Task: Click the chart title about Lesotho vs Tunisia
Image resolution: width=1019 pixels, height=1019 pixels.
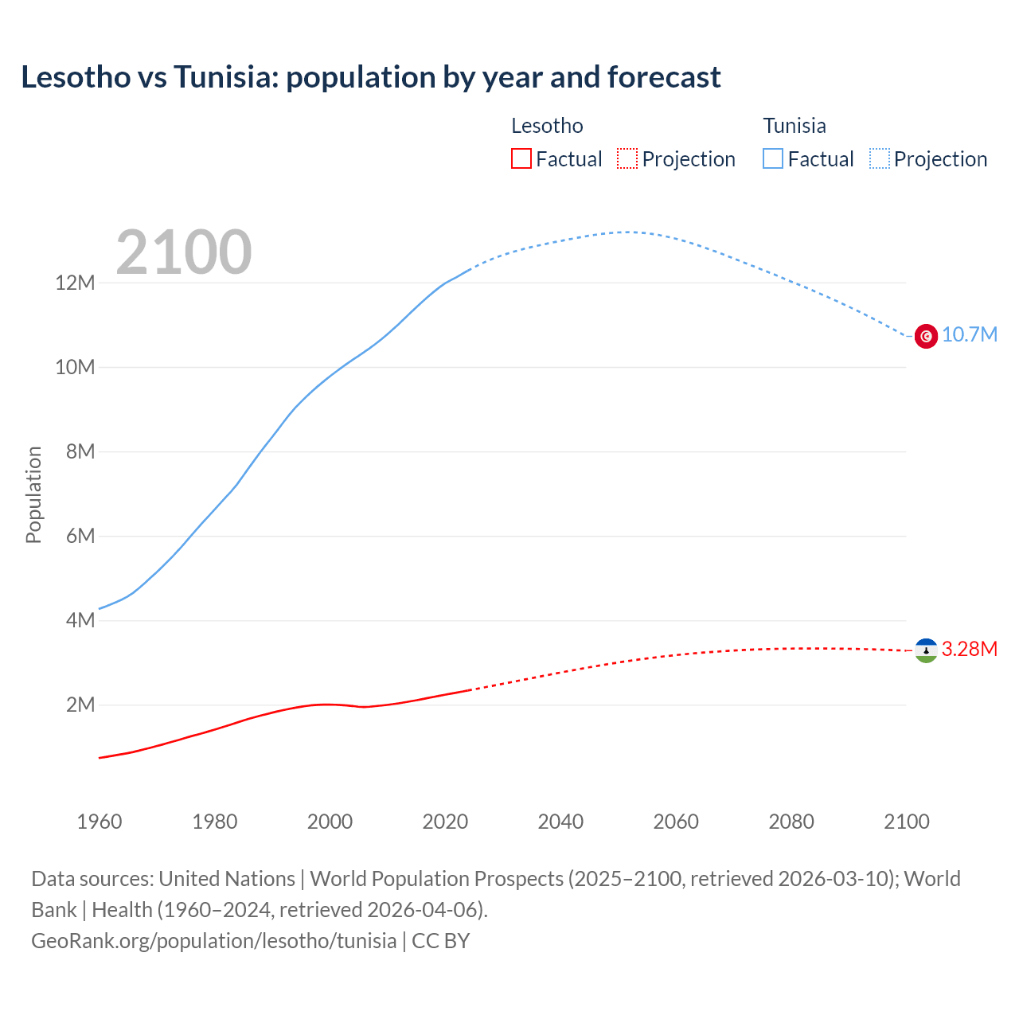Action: pos(370,77)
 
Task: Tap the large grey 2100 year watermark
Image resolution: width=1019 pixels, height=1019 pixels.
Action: pos(184,252)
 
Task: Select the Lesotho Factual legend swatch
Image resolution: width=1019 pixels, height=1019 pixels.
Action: pos(521,159)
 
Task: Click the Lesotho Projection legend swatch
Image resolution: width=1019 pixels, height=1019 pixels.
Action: pos(627,159)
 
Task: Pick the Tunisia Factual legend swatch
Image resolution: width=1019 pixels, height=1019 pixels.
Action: pos(772,159)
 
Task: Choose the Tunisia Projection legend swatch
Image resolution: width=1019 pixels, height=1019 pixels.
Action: pos(879,159)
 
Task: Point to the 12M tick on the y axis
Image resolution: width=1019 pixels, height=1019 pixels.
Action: pos(75,283)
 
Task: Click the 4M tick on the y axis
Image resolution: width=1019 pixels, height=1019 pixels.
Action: pos(80,621)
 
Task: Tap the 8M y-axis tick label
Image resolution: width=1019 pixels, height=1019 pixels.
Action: pos(80,452)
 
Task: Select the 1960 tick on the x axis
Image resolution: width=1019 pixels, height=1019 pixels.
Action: pos(100,822)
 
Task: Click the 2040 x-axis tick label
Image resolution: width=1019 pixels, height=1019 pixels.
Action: pos(560,822)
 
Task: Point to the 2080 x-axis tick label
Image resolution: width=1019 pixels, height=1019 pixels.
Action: pos(791,822)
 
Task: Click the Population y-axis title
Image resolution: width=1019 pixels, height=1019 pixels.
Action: pos(33,494)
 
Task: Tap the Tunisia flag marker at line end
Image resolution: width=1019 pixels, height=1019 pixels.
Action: pos(926,336)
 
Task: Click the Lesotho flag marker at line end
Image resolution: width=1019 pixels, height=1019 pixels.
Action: pos(926,650)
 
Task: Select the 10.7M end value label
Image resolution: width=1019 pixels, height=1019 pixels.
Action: pos(969,335)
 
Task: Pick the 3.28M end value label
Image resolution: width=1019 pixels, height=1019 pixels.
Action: pos(969,650)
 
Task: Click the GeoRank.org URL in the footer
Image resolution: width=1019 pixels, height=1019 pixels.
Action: pos(213,941)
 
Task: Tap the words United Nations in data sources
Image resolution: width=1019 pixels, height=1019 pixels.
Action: pos(227,879)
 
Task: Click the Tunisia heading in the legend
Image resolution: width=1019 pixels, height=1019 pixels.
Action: pos(795,126)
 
